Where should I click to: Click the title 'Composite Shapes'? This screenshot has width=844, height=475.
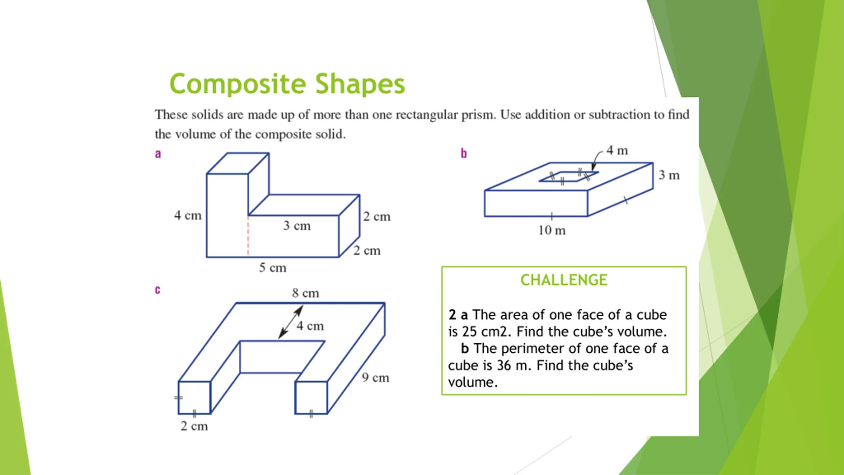(287, 84)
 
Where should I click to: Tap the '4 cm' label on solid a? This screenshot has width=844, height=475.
(188, 215)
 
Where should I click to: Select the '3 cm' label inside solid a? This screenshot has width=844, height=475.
(297, 226)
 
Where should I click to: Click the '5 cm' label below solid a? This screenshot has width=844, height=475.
(273, 268)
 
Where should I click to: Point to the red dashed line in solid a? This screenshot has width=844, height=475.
(248, 236)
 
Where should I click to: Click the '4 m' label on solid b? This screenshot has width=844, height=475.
(617, 150)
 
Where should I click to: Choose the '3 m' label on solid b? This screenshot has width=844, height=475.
(669, 175)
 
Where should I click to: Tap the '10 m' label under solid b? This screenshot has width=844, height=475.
(552, 230)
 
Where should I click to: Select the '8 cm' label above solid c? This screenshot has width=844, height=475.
(306, 293)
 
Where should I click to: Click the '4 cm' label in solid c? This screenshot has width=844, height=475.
(310, 326)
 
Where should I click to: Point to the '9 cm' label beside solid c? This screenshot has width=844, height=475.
(376, 378)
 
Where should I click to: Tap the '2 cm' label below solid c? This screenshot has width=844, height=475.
(194, 426)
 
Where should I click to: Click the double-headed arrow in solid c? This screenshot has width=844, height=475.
(290, 322)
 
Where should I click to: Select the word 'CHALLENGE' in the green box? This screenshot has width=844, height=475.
(564, 280)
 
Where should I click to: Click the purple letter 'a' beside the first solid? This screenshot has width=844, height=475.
(158, 154)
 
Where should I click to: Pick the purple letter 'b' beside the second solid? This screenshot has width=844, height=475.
(464, 153)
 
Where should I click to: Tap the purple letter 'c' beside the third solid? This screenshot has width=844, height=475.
(158, 290)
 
